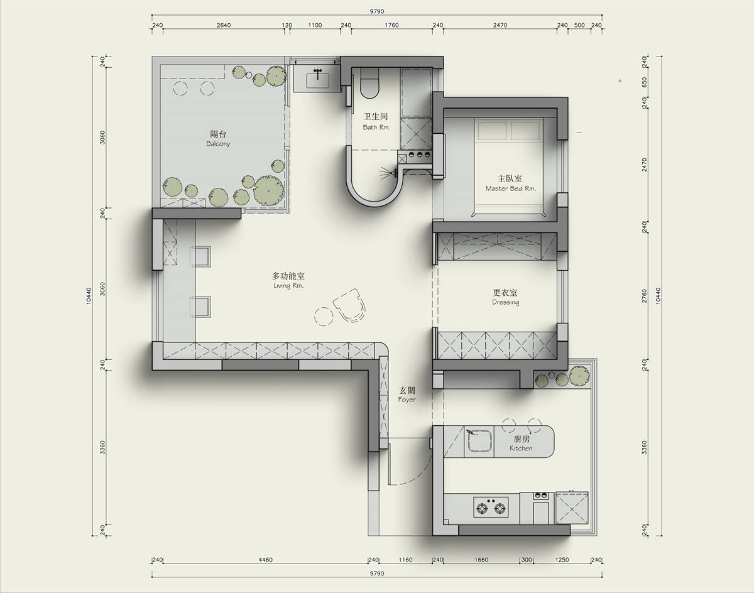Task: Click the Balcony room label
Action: pyautogui.click(x=218, y=144)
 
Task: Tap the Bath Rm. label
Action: pyautogui.click(x=376, y=128)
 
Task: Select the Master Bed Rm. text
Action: pyautogui.click(x=510, y=188)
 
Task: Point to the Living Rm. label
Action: pyautogui.click(x=288, y=286)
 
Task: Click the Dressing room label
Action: pyautogui.click(x=505, y=302)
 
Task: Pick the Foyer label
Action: pyautogui.click(x=407, y=400)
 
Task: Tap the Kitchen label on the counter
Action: pyautogui.click(x=521, y=449)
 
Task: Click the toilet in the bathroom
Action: pyautogui.click(x=369, y=83)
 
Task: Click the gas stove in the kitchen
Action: pyautogui.click(x=491, y=507)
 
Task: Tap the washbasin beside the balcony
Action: pyautogui.click(x=317, y=80)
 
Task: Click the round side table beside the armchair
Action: pyautogui.click(x=324, y=317)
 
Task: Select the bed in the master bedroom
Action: pyautogui.click(x=508, y=168)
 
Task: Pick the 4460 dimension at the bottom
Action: pyautogui.click(x=265, y=560)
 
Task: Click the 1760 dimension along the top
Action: pyautogui.click(x=391, y=25)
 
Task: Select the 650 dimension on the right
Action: pyautogui.click(x=644, y=83)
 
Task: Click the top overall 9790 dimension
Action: pyautogui.click(x=377, y=11)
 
